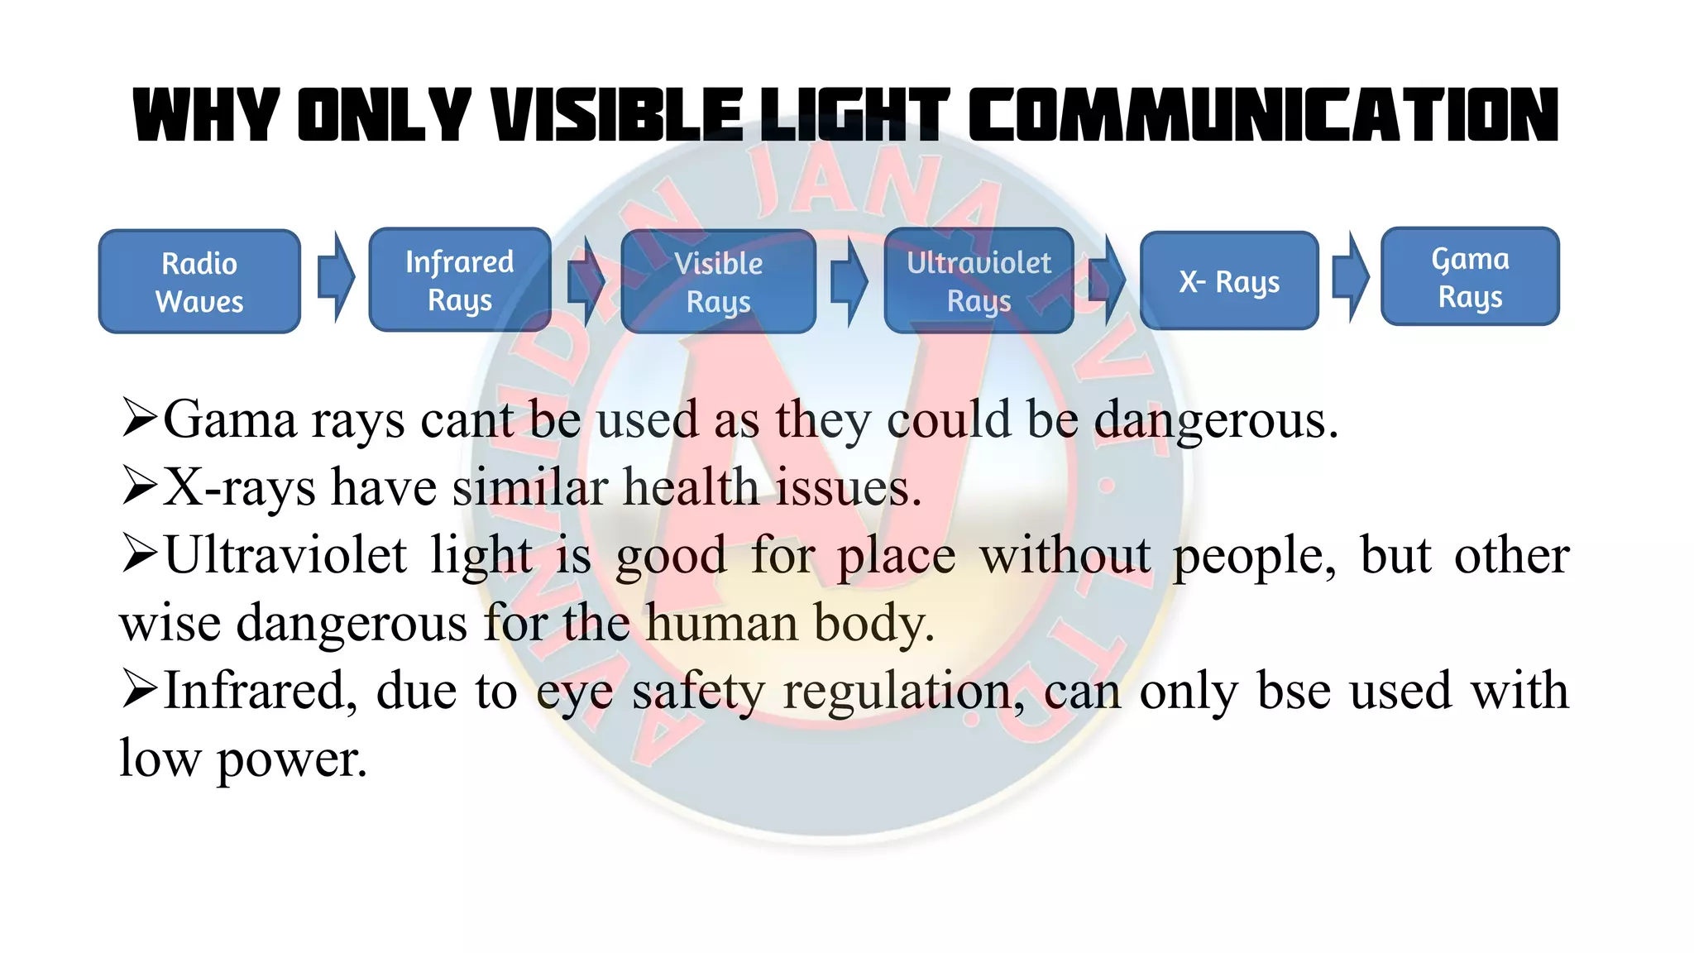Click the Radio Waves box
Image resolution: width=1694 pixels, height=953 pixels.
coord(199,282)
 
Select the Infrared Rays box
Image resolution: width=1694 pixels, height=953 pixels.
coord(460,280)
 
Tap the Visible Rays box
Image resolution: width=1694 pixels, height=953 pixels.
coord(718,282)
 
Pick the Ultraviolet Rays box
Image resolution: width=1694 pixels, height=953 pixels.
coord(979,281)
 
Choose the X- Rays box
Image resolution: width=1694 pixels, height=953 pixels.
coord(1229,281)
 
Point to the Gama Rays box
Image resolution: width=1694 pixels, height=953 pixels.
coord(1470,277)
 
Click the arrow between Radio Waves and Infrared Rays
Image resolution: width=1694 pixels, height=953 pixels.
coord(336,276)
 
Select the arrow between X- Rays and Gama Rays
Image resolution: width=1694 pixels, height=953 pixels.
coord(1351,276)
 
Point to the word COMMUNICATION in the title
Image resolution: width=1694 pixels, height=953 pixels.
coord(1263,116)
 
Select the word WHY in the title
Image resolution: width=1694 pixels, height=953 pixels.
coord(206,116)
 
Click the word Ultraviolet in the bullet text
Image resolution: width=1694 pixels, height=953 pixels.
coord(285,555)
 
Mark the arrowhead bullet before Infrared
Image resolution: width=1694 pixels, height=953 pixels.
coord(138,689)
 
